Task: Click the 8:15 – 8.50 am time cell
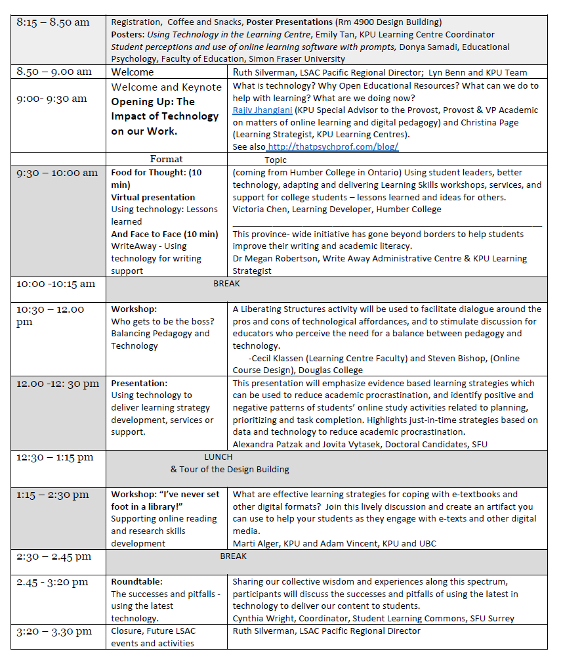point(53,22)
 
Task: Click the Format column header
point(166,160)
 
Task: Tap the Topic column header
point(276,160)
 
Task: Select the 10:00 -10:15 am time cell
point(56,284)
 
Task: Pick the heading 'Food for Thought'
point(148,173)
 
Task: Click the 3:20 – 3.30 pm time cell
point(54,631)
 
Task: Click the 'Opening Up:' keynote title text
point(153,102)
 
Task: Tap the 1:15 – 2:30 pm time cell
point(52,495)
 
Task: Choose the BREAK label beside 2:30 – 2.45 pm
point(234,556)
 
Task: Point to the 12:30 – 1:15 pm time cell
point(55,457)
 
